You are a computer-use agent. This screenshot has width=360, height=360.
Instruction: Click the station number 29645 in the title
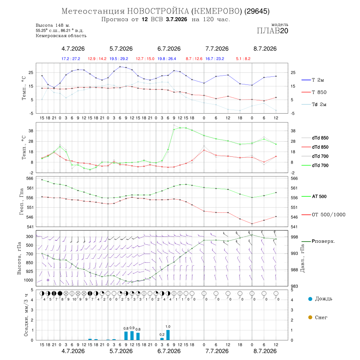(257, 11)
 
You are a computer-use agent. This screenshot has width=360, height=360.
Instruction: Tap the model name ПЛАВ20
(272, 31)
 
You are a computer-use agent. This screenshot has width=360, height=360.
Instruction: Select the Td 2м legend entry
(314, 104)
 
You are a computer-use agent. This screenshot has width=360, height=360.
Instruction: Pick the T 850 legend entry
(314, 92)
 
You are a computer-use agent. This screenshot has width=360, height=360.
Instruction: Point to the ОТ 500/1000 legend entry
(324, 215)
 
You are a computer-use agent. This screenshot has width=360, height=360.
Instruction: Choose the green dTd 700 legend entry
(315, 166)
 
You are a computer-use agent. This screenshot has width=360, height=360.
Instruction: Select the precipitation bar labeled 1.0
(168, 335)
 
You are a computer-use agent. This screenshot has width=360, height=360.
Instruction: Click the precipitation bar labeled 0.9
(132, 336)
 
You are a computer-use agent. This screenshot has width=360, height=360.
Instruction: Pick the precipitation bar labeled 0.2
(162, 339)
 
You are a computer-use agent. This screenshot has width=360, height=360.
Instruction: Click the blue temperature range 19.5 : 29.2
(119, 59)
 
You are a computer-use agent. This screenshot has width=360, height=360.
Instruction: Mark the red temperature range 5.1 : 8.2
(243, 59)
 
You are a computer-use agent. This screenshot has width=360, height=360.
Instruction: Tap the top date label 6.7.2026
(169, 49)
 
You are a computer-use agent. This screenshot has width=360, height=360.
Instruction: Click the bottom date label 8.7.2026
(265, 351)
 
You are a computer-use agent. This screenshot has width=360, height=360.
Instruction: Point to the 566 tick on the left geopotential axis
(30, 178)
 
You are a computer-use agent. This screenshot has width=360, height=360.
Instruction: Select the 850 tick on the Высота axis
(30, 263)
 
